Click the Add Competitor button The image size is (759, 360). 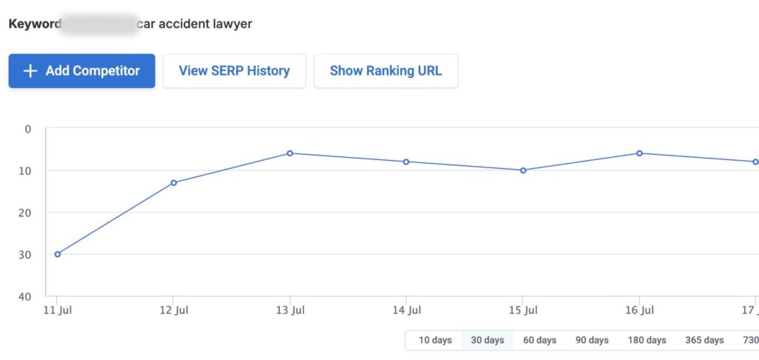coord(82,71)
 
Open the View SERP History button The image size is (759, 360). coord(234,71)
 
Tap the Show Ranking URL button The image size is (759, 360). coord(385,71)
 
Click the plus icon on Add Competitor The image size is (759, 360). coord(30,71)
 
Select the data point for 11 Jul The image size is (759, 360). coord(58,254)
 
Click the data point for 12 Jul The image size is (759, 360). coord(173,182)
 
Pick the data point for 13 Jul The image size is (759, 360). coord(290,153)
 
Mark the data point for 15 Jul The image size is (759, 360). coord(523,170)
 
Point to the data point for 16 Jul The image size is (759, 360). coord(640,153)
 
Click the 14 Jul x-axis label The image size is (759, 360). coord(406,310)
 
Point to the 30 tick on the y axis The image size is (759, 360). coord(27,255)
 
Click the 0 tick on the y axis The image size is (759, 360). coord(29,129)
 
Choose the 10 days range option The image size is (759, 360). coord(435,340)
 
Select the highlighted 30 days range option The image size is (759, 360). coord(487,340)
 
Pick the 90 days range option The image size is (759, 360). coord(591,340)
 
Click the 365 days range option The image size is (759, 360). coord(704,340)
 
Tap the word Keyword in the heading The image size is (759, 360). coord(34,24)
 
